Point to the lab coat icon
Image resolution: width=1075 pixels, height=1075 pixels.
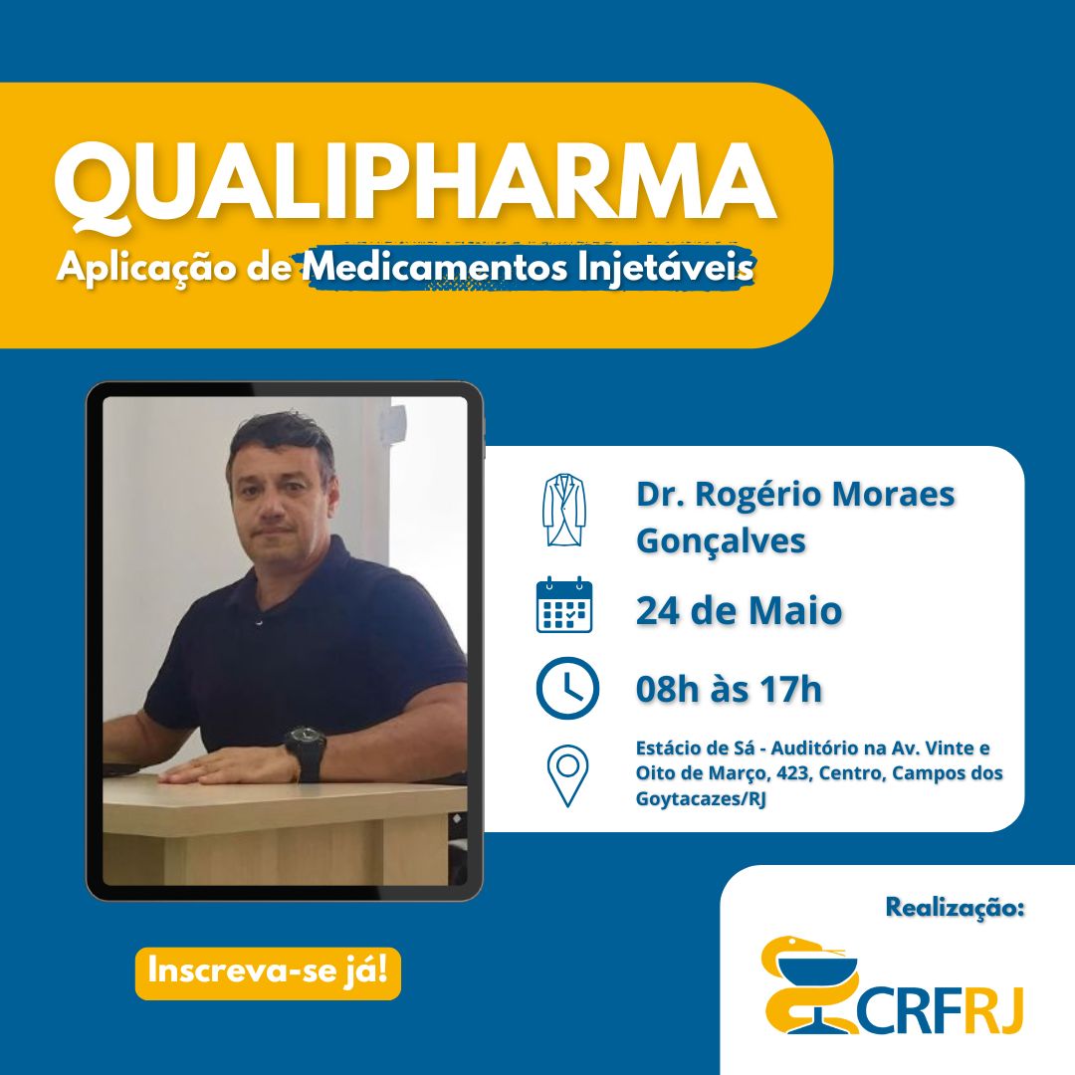[x=563, y=510]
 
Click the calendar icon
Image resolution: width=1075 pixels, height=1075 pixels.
[x=564, y=605]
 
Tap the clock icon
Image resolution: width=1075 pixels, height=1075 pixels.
[x=567, y=688]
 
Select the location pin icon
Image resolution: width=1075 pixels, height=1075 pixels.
[x=567, y=775]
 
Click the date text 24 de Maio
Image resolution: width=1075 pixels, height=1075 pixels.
[x=739, y=611]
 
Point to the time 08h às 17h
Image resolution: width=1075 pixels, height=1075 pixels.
[x=729, y=689]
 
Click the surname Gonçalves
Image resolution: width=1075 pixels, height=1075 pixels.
[x=721, y=541]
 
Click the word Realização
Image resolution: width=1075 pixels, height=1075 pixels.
[x=955, y=908]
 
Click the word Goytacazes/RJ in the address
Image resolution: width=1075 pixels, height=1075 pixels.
[x=700, y=799]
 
